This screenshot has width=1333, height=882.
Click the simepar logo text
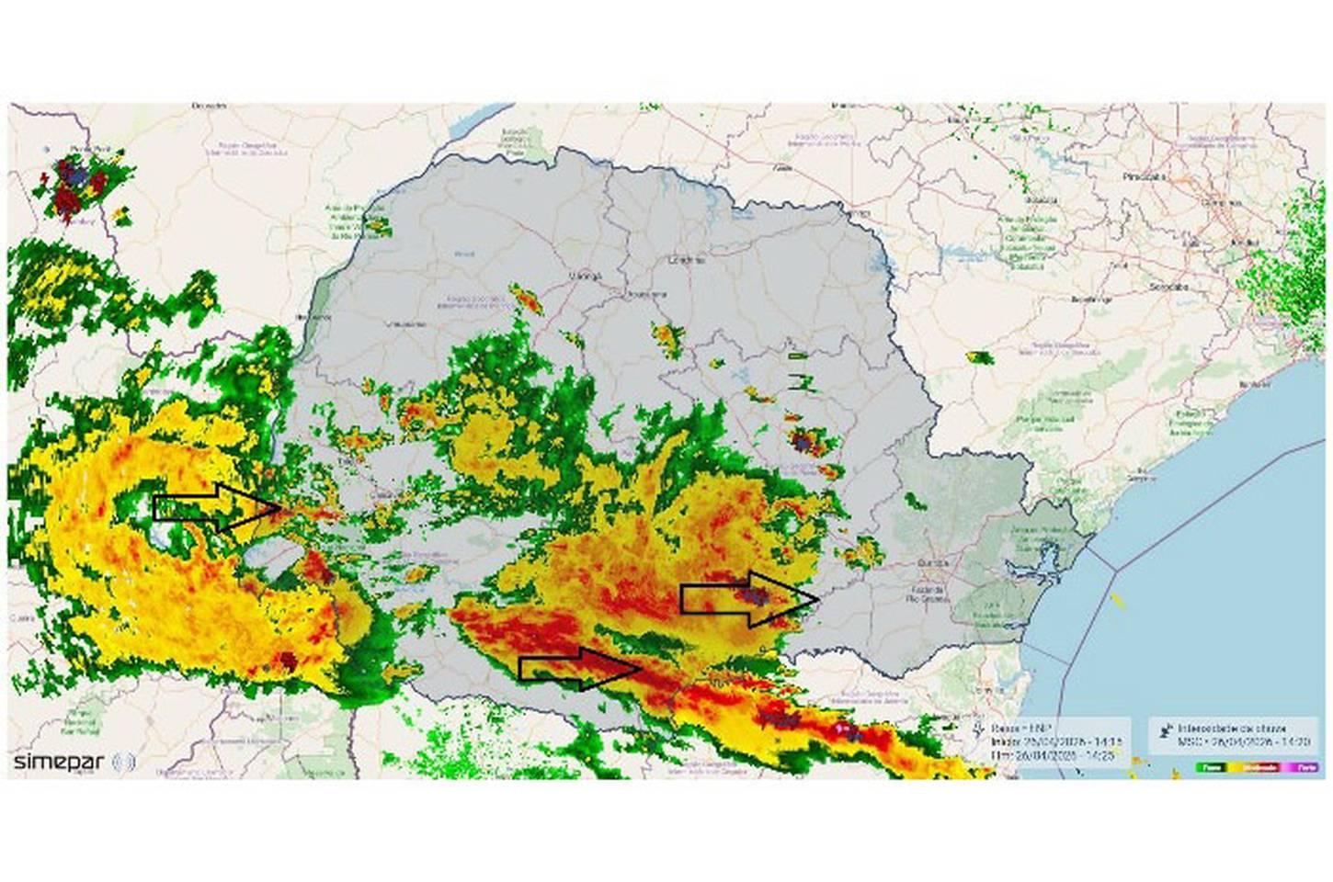click(59, 762)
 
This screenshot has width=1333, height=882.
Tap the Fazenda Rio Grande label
click(924, 593)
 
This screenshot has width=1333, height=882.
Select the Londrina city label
click(688, 260)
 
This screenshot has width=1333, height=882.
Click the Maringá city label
click(586, 276)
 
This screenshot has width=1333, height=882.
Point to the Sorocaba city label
click(1168, 287)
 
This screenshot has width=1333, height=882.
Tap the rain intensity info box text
click(1232, 732)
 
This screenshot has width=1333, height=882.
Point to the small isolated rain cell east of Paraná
click(980, 356)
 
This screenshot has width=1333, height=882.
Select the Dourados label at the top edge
click(209, 107)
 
